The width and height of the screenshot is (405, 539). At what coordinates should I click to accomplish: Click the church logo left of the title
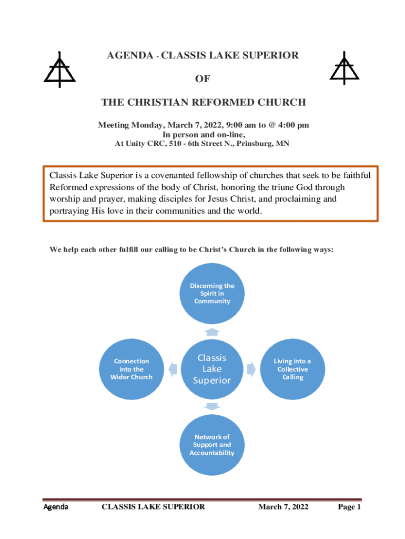(59, 70)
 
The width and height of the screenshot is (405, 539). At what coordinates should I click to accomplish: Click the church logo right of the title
(345, 69)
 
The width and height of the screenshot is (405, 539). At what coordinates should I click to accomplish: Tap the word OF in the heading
(202, 79)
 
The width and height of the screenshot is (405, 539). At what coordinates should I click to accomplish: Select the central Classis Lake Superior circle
(212, 369)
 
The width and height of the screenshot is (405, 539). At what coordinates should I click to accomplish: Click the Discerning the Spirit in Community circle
(212, 294)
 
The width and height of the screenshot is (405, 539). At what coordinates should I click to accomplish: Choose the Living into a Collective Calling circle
(292, 369)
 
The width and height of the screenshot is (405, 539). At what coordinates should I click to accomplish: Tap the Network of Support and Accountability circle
(212, 445)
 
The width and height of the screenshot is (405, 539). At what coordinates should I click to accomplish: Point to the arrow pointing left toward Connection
(173, 370)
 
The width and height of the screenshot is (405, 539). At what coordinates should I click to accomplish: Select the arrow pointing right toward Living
(251, 370)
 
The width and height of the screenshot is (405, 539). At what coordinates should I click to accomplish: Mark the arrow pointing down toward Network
(212, 406)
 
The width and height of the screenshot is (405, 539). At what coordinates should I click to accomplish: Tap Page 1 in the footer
(349, 507)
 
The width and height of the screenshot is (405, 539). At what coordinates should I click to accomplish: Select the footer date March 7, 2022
(283, 507)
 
